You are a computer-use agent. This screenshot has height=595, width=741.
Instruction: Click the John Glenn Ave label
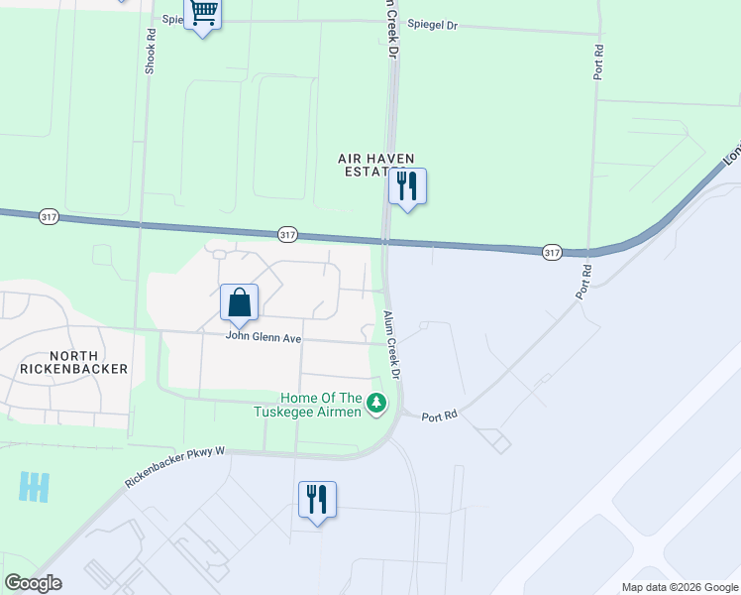click(x=264, y=336)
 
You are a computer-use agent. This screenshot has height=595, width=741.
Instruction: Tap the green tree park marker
click(x=376, y=403)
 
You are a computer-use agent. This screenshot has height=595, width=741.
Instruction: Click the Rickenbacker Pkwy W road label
click(x=176, y=466)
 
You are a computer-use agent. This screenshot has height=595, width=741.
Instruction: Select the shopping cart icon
click(x=203, y=14)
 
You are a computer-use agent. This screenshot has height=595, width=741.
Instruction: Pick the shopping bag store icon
click(x=240, y=302)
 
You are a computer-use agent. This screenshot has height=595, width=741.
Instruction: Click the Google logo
click(x=34, y=583)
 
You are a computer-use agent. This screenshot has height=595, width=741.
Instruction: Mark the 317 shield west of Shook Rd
click(x=49, y=215)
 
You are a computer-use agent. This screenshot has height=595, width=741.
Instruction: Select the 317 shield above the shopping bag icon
click(x=287, y=234)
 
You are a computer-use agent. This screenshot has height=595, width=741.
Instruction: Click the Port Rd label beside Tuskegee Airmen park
click(x=440, y=416)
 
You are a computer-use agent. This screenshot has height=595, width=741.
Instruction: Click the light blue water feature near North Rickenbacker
click(x=34, y=486)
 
